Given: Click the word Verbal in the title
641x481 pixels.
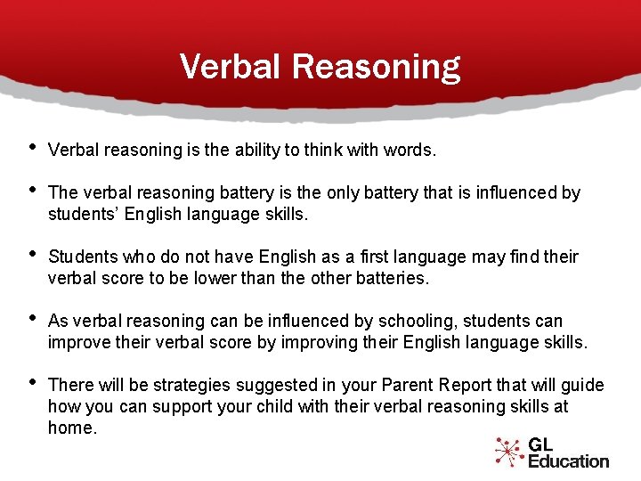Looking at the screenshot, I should [231, 66].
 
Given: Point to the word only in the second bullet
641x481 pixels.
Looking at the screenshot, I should [341, 192].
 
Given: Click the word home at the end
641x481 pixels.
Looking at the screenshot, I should [69, 428].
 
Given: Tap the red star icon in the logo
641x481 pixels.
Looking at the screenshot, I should [508, 452].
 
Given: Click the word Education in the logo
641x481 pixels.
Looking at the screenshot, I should [568, 461].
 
